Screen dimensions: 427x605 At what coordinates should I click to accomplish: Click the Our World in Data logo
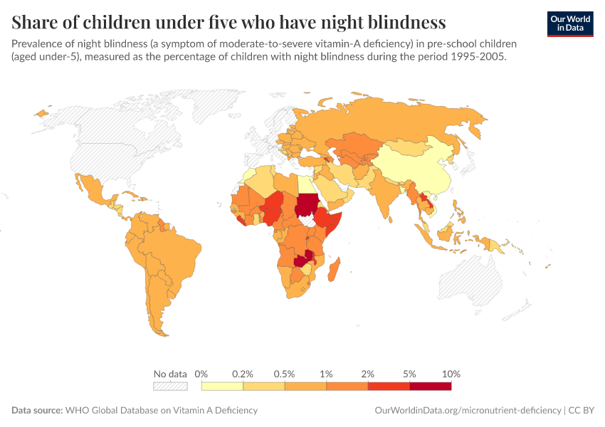tap(570, 23)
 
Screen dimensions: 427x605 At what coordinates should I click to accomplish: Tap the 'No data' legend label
tap(170, 374)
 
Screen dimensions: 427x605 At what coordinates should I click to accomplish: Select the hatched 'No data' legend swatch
tap(170, 386)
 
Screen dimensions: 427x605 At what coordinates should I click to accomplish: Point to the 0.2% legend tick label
tap(243, 374)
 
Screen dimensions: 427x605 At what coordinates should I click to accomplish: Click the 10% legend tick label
tap(451, 374)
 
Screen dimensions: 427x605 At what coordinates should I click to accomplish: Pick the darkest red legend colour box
tap(431, 386)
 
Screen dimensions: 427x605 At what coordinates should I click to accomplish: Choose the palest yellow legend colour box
tap(222, 386)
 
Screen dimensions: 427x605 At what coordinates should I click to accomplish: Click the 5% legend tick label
tap(410, 374)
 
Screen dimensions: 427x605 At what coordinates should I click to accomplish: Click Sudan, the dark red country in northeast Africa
tap(306, 204)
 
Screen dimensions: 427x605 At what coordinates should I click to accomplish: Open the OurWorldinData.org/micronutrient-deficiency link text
tap(466, 411)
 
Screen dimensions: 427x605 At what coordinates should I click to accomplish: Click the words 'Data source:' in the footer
tap(37, 411)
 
